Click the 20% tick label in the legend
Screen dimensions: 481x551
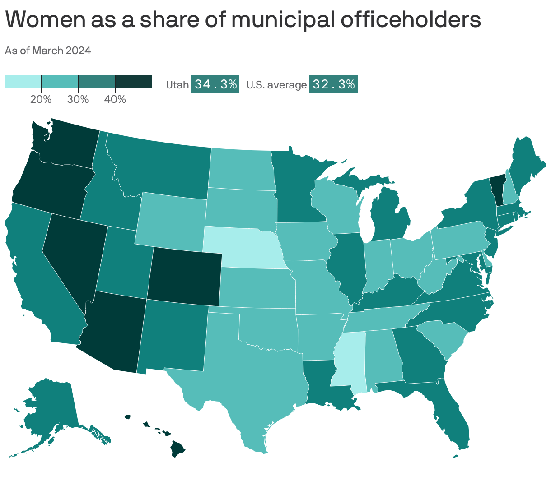pyautogui.click(x=41, y=99)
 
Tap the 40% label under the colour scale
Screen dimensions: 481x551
pyautogui.click(x=115, y=99)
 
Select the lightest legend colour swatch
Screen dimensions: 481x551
pyautogui.click(x=23, y=81)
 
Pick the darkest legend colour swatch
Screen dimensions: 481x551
pyautogui.click(x=133, y=81)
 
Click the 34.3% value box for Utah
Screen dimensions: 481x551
pyautogui.click(x=215, y=84)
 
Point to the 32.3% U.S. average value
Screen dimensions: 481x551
pyautogui.click(x=333, y=84)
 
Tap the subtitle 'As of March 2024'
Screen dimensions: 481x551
pyautogui.click(x=48, y=51)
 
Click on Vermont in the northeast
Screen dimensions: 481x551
pyautogui.click(x=497, y=190)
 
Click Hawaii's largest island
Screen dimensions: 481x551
pyautogui.click(x=178, y=449)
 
